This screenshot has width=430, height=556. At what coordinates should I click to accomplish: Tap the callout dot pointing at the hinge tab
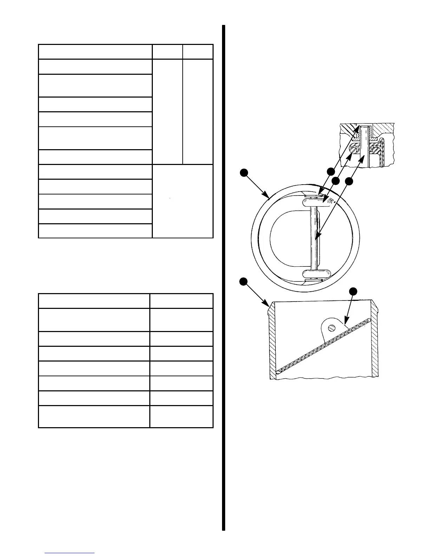point(353,291)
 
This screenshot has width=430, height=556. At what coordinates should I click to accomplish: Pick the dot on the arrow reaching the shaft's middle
point(348,181)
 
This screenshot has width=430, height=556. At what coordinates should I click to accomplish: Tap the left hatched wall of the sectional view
point(273,340)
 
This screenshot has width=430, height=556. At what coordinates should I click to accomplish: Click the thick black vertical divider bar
point(223,277)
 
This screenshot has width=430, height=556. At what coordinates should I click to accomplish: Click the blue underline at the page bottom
point(70,553)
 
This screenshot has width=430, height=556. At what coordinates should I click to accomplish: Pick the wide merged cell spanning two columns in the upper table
point(182,201)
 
